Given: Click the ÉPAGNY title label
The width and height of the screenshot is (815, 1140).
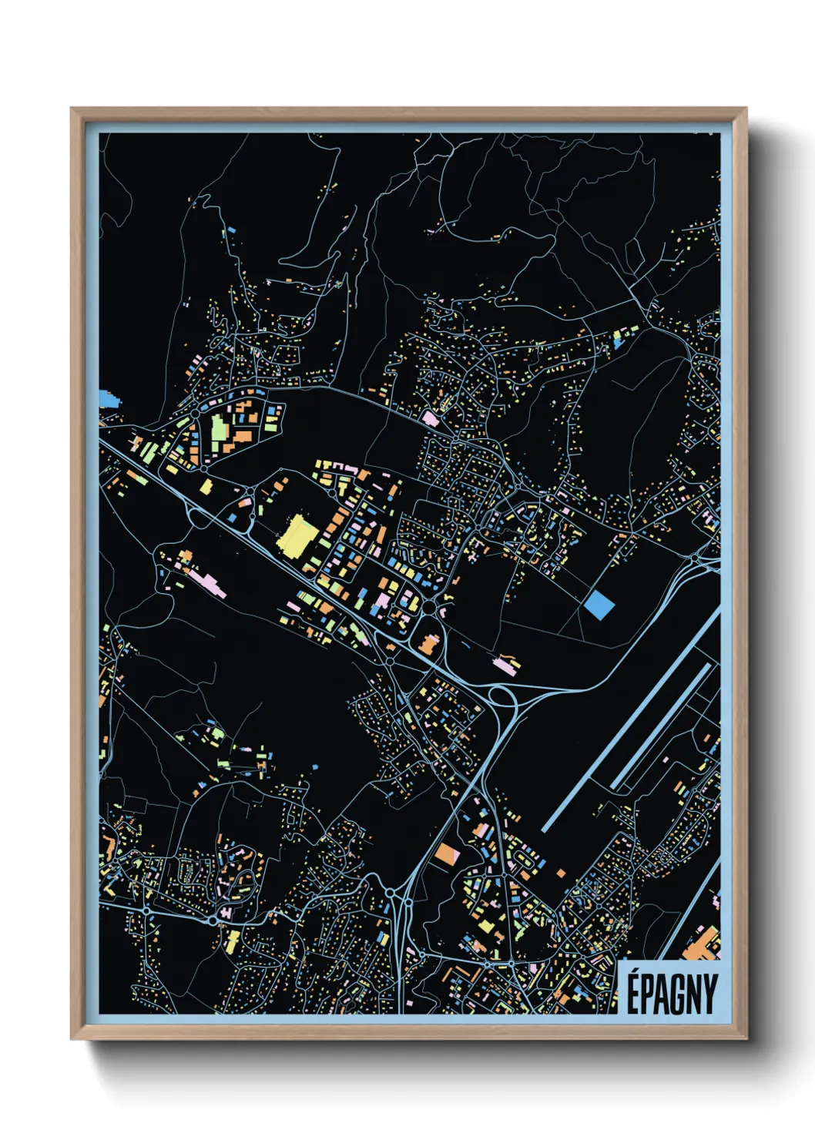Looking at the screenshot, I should (670, 994).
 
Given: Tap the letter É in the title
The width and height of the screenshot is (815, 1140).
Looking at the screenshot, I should (632, 994).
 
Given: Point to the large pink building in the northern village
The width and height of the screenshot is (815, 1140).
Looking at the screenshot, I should (429, 419).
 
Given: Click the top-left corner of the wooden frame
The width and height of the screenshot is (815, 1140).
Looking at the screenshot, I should (72, 109).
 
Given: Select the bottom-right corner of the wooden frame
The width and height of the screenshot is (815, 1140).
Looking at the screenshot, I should (746, 1038).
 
